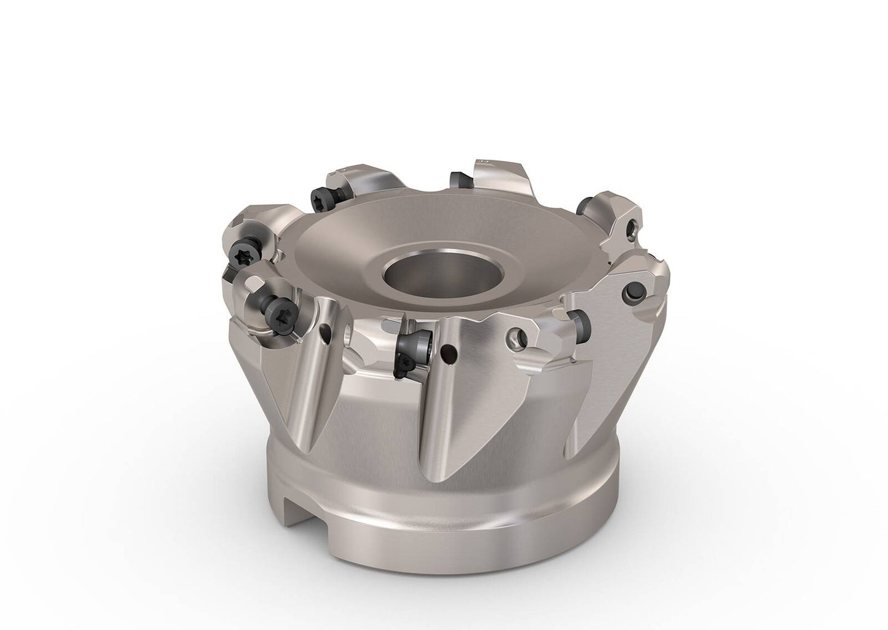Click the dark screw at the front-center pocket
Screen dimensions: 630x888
(x=413, y=345)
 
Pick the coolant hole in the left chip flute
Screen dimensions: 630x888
(x=325, y=334)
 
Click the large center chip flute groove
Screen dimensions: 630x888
(x=436, y=406)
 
